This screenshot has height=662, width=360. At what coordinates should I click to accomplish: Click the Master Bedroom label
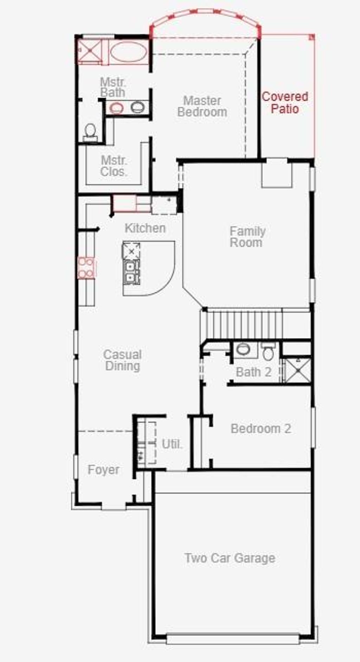pyautogui.click(x=202, y=106)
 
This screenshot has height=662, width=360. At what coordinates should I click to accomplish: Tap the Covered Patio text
pyautogui.click(x=285, y=103)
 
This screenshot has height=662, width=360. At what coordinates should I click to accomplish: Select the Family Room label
pyautogui.click(x=247, y=237)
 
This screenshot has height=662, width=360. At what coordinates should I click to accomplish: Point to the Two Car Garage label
pyautogui.click(x=230, y=558)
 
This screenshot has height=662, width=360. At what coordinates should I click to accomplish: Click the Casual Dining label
pyautogui.click(x=122, y=360)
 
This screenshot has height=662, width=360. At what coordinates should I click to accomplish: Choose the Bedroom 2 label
pyautogui.click(x=261, y=429)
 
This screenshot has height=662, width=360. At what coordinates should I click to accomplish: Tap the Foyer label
pyautogui.click(x=103, y=470)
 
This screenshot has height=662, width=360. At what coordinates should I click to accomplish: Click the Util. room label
pyautogui.click(x=172, y=444)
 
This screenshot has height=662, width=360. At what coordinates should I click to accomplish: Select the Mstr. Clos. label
pyautogui.click(x=113, y=166)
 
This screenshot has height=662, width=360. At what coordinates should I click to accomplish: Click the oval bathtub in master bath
pyautogui.click(x=128, y=52)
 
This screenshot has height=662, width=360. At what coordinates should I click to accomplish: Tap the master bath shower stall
pyautogui.click(x=90, y=51)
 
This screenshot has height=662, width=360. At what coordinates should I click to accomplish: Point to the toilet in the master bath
pyautogui.click(x=90, y=131)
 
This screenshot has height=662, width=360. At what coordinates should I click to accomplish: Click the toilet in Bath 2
pyautogui.click(x=269, y=352)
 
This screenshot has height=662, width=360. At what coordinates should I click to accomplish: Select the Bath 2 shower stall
pyautogui.click(x=297, y=370)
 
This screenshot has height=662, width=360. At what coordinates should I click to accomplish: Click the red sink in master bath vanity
pyautogui.click(x=116, y=108)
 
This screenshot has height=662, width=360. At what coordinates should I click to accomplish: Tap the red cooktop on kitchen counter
pyautogui.click(x=86, y=268)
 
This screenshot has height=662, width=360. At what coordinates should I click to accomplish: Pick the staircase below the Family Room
pyautogui.click(x=243, y=324)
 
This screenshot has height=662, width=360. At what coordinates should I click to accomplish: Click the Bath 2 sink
pyautogui.click(x=243, y=350)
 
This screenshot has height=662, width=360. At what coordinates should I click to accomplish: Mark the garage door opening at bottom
pyautogui.click(x=233, y=638)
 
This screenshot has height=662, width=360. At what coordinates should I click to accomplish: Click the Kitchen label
pyautogui.click(x=145, y=228)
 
